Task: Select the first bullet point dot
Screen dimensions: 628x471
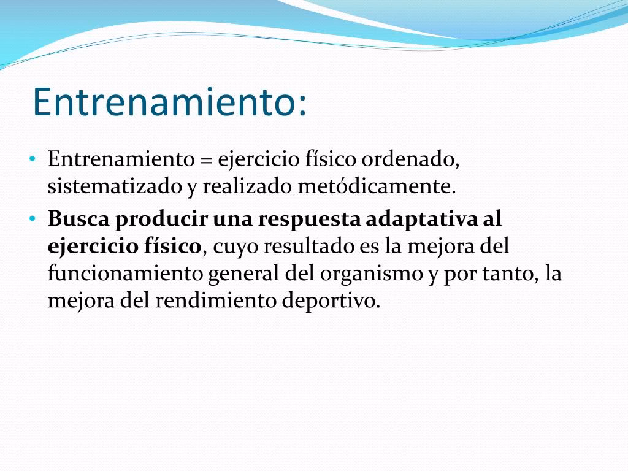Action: (x=33, y=159)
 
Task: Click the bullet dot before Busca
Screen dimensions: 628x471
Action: (x=33, y=219)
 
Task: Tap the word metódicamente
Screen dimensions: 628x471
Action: (x=377, y=186)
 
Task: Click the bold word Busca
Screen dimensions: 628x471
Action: (x=78, y=219)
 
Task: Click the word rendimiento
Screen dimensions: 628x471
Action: (x=216, y=301)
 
